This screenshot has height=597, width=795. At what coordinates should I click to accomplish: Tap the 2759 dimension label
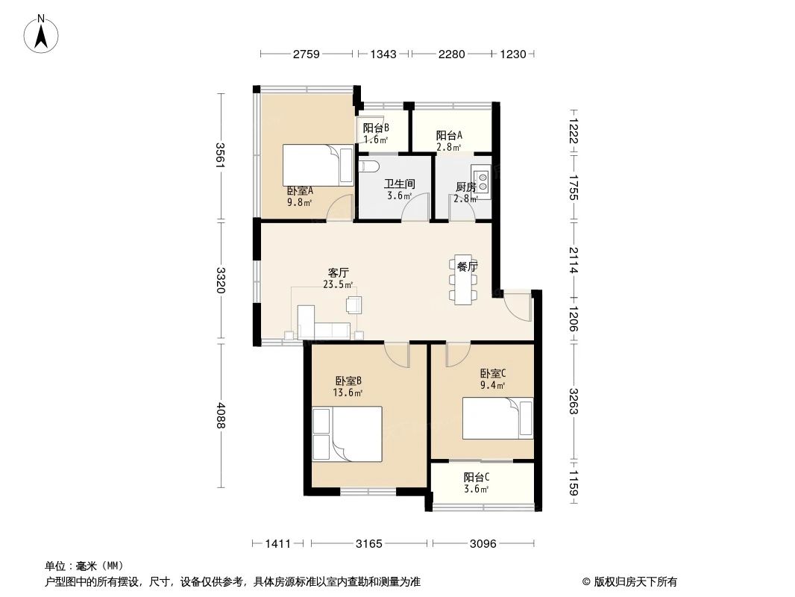coord(306,54)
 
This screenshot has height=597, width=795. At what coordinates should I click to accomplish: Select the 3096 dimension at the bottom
coord(483,544)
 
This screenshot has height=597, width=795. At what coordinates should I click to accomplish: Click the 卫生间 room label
coord(399,184)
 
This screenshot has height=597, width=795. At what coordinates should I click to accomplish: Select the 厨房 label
coord(466,187)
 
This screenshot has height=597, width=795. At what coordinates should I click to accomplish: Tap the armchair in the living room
coord(353,304)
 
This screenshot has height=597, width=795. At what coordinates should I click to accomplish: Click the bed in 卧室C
coord(498,419)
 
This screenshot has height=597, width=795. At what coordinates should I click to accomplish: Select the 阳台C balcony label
coord(476,478)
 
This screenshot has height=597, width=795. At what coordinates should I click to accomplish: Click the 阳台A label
coord(449,135)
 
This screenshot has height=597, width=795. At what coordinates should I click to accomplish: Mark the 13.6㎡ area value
coord(348,393)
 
